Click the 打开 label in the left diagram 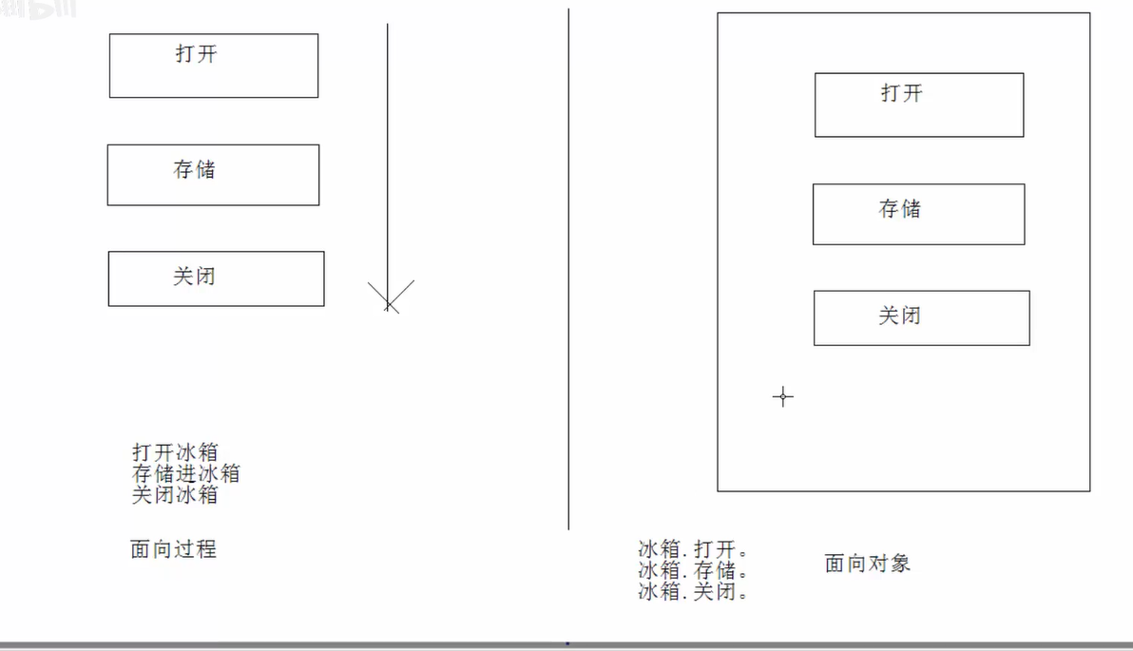197,54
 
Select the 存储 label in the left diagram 195,170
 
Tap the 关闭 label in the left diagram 195,277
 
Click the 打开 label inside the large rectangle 902,93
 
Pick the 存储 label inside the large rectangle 900,209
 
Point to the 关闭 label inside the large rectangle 900,316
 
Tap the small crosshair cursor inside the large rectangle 782,396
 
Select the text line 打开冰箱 176,452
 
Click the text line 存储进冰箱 186,473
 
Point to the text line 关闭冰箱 176,494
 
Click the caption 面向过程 174,549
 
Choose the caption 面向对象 868,564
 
